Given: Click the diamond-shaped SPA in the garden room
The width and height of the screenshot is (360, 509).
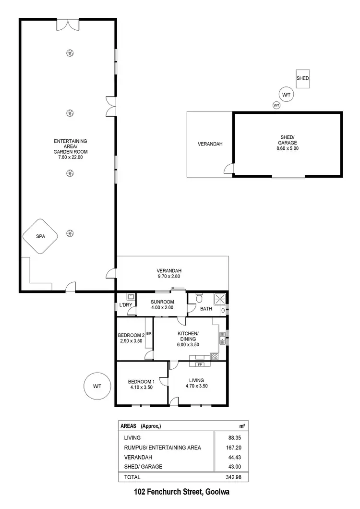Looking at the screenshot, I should click(40, 236).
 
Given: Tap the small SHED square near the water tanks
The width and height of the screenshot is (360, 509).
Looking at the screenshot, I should click(302, 78).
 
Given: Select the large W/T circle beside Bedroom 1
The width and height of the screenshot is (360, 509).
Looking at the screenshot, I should click(97, 386).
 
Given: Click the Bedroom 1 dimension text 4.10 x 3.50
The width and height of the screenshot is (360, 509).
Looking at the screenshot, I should click(140, 387).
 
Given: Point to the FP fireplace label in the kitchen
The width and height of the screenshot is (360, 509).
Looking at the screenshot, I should click(199, 357).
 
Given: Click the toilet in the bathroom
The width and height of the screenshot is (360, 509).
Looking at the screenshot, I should click(192, 298).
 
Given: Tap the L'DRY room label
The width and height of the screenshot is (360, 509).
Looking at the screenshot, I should click(126, 305).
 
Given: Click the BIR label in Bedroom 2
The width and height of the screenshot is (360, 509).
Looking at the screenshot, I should click(149, 333).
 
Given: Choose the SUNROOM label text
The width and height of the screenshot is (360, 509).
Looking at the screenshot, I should click(162, 302).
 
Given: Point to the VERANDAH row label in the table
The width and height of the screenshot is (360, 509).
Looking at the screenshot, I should click(138, 457).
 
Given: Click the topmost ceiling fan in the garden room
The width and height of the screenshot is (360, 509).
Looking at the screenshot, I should click(70, 53).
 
